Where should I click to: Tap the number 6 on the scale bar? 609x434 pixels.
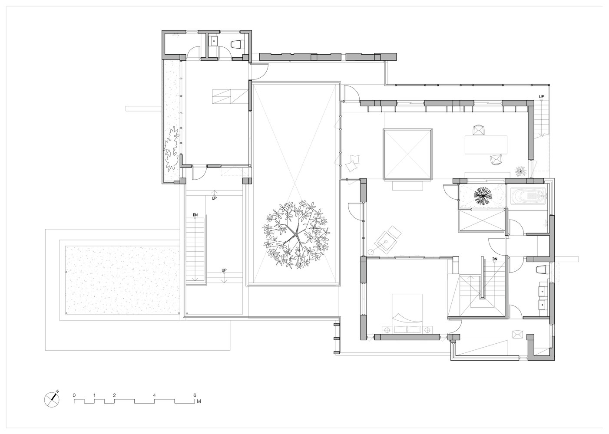pyautogui.click(x=195, y=395)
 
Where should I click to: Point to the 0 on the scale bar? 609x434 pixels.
pyautogui.click(x=74, y=395)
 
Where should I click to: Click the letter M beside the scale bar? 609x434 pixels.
pyautogui.click(x=199, y=401)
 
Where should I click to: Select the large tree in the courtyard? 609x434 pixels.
pyautogui.click(x=296, y=235)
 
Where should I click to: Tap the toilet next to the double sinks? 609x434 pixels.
pyautogui.click(x=541, y=270)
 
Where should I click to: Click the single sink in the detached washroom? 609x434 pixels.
pyautogui.click(x=214, y=41)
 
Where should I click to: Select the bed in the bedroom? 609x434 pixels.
pyautogui.click(x=407, y=313)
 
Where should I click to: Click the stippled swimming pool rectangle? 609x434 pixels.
pyautogui.click(x=122, y=280)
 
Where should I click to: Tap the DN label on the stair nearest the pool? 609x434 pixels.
pyautogui.click(x=195, y=215)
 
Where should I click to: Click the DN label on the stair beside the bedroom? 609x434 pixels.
pyautogui.click(x=494, y=259)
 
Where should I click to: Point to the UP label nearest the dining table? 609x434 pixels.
pyautogui.click(x=542, y=97)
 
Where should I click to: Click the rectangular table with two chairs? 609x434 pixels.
pyautogui.click(x=486, y=145)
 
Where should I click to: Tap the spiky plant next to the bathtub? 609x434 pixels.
pyautogui.click(x=483, y=194)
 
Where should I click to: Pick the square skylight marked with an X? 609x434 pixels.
pyautogui.click(x=407, y=154)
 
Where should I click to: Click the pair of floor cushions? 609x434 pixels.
pyautogui.click(x=352, y=163)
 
